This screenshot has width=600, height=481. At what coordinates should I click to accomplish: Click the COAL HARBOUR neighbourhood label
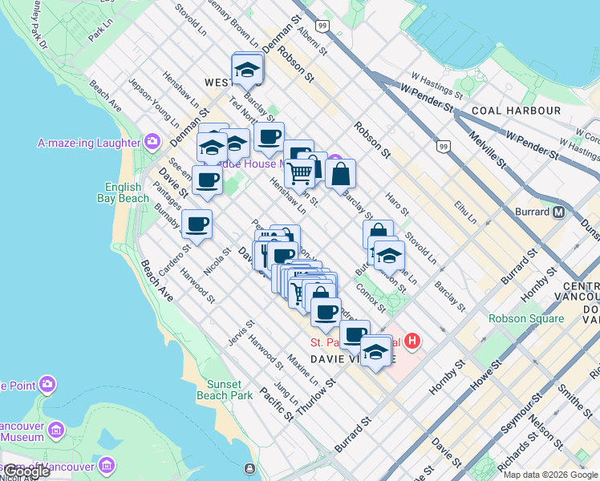[516, 110]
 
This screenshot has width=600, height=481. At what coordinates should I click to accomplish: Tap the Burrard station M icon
[559, 212]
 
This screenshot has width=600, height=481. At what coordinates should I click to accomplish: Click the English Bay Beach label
[123, 192]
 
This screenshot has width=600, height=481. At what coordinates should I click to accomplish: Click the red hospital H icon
[412, 342]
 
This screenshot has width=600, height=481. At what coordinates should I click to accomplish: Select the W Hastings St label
[436, 87]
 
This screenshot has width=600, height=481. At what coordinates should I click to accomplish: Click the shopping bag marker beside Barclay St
[340, 172]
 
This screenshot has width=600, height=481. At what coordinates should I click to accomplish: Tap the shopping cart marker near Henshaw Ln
[300, 172]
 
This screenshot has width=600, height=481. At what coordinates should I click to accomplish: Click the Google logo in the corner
[26, 471]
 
